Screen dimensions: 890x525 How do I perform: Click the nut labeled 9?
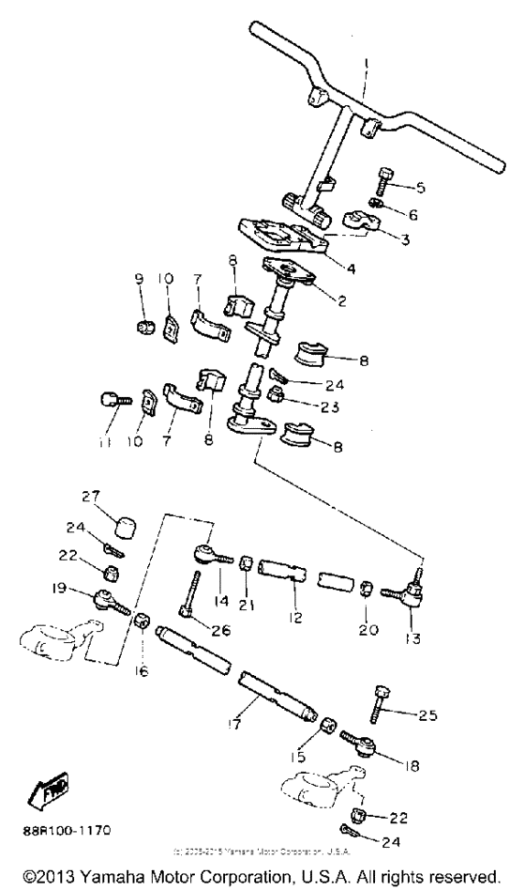(x=145, y=325)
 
